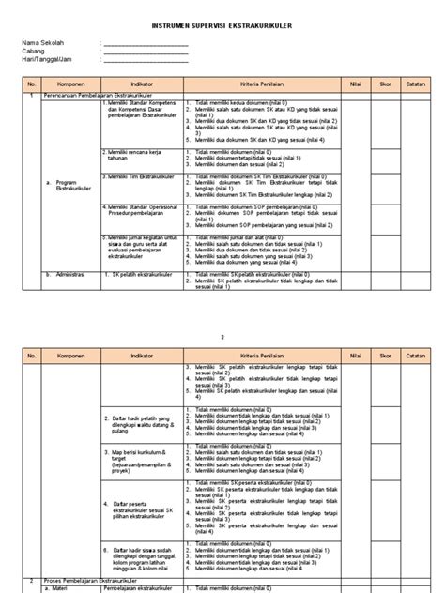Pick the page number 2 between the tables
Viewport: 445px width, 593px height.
[x=222, y=307]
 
